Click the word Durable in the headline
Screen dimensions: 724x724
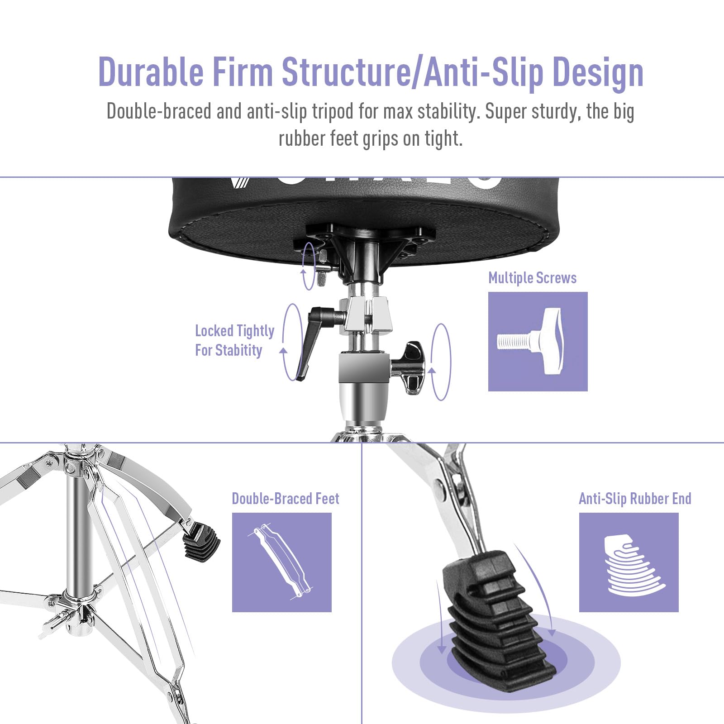[x=151, y=71]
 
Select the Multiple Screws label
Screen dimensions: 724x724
[x=532, y=277]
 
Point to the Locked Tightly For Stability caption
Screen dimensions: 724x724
[x=234, y=340]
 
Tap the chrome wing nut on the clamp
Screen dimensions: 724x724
[x=410, y=367]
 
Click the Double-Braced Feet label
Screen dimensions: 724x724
[x=286, y=498]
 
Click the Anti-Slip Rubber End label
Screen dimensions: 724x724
[x=635, y=499]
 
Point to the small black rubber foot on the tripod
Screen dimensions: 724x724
[x=201, y=541]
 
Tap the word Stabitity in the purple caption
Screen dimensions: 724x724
[x=238, y=350]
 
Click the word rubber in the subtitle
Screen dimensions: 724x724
[x=302, y=138]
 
